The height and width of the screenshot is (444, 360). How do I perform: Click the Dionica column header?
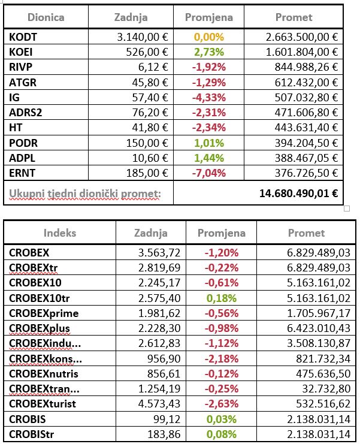46,17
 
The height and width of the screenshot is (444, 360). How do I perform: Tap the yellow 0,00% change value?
208,37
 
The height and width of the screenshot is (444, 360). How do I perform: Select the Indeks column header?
59,233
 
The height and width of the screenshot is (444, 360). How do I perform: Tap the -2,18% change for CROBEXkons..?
222,358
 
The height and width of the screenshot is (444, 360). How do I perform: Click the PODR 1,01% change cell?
208,143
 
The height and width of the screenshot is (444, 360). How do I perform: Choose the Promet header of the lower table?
306,233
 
